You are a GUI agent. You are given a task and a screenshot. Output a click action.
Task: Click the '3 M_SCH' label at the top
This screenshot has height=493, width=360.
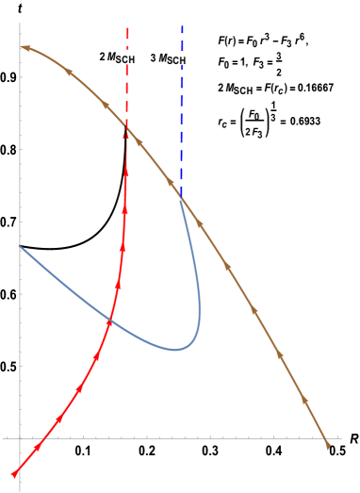click(x=168, y=58)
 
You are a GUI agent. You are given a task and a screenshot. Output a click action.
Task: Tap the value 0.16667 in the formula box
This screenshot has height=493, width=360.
click(x=310, y=90)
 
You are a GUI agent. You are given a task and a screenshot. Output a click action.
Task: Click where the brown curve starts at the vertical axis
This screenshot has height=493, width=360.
click(x=21, y=46)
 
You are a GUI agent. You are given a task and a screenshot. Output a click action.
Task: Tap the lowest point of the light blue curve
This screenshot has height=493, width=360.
click(x=174, y=350)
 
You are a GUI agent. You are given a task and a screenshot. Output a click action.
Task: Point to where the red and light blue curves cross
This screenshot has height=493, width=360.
click(x=110, y=321)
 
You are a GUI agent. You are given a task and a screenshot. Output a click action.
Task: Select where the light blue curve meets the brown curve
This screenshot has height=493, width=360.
click(x=181, y=197)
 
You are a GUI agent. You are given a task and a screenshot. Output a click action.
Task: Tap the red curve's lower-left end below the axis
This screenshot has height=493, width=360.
click(x=13, y=474)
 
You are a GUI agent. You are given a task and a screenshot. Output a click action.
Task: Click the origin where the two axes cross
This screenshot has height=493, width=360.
click(x=20, y=438)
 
